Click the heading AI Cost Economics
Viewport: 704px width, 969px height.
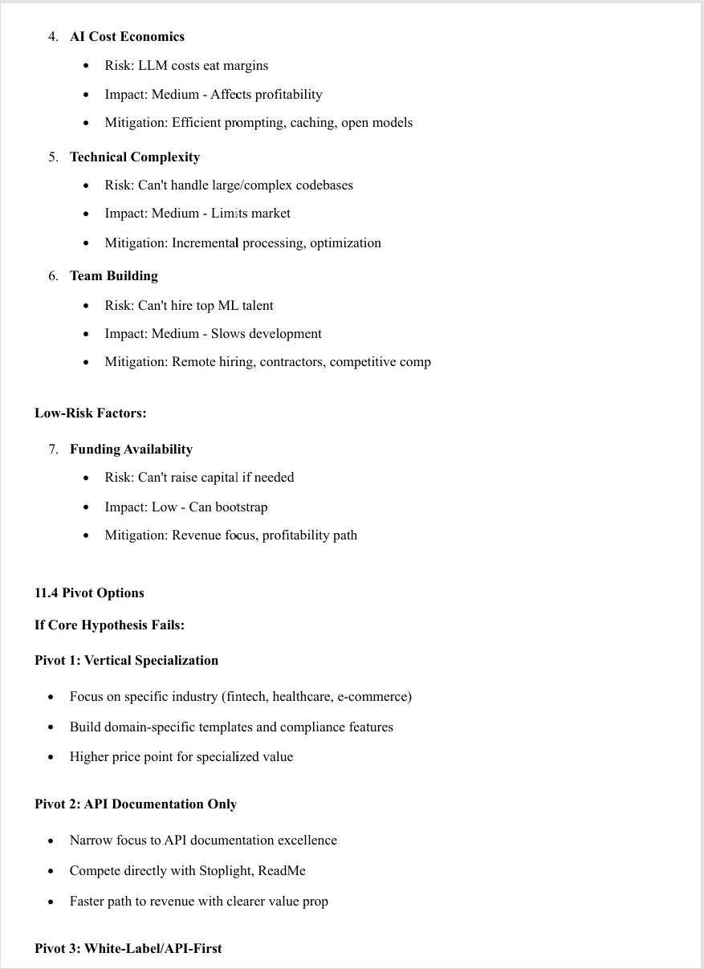click(x=127, y=37)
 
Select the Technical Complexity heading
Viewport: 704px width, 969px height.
click(x=135, y=157)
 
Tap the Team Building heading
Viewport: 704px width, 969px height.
click(x=114, y=276)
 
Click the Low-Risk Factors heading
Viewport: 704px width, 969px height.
click(x=90, y=413)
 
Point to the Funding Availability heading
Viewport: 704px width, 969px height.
click(x=131, y=450)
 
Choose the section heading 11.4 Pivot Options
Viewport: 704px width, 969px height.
click(x=89, y=593)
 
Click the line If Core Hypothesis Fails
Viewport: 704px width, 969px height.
click(x=109, y=625)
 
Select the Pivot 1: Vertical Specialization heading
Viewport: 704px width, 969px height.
click(x=126, y=661)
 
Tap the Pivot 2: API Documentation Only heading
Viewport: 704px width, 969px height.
click(x=136, y=804)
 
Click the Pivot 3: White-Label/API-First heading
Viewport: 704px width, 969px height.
click(x=128, y=949)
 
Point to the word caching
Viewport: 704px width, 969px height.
click(x=311, y=123)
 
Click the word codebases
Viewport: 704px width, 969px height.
click(x=324, y=185)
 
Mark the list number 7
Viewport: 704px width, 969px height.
click(x=53, y=450)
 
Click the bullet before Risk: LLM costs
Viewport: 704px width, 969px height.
click(x=87, y=66)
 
